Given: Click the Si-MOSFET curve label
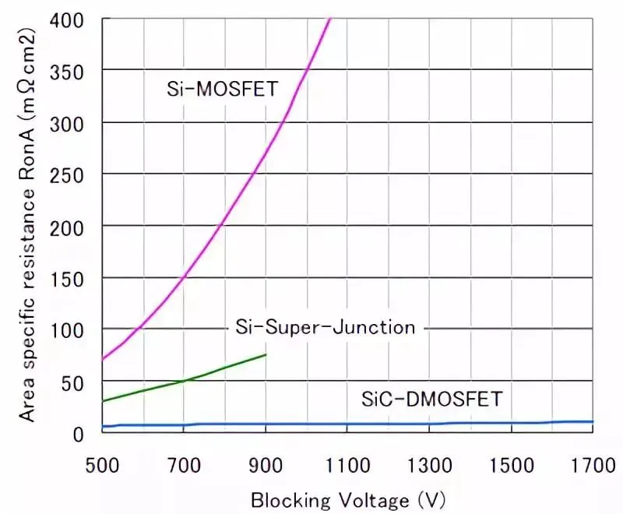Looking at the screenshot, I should pyautogui.click(x=222, y=89).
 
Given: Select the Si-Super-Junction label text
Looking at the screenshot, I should pyautogui.click(x=326, y=327).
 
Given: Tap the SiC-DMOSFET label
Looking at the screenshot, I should pyautogui.click(x=432, y=400).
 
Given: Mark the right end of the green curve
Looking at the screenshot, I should pyautogui.click(x=266, y=355).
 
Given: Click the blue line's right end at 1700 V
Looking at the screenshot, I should pyautogui.click(x=593, y=421).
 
